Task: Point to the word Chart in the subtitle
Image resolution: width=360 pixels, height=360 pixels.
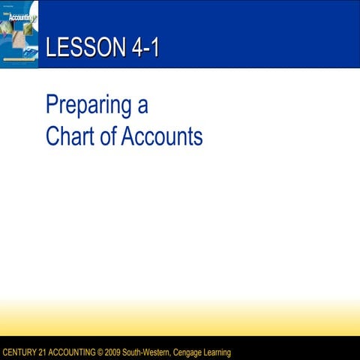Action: point(70,136)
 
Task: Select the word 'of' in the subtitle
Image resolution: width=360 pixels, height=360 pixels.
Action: point(109,136)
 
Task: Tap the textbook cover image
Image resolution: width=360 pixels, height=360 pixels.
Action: point(19,34)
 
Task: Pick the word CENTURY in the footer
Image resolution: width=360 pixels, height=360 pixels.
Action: point(19,352)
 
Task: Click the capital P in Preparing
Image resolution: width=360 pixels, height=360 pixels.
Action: point(52,105)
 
